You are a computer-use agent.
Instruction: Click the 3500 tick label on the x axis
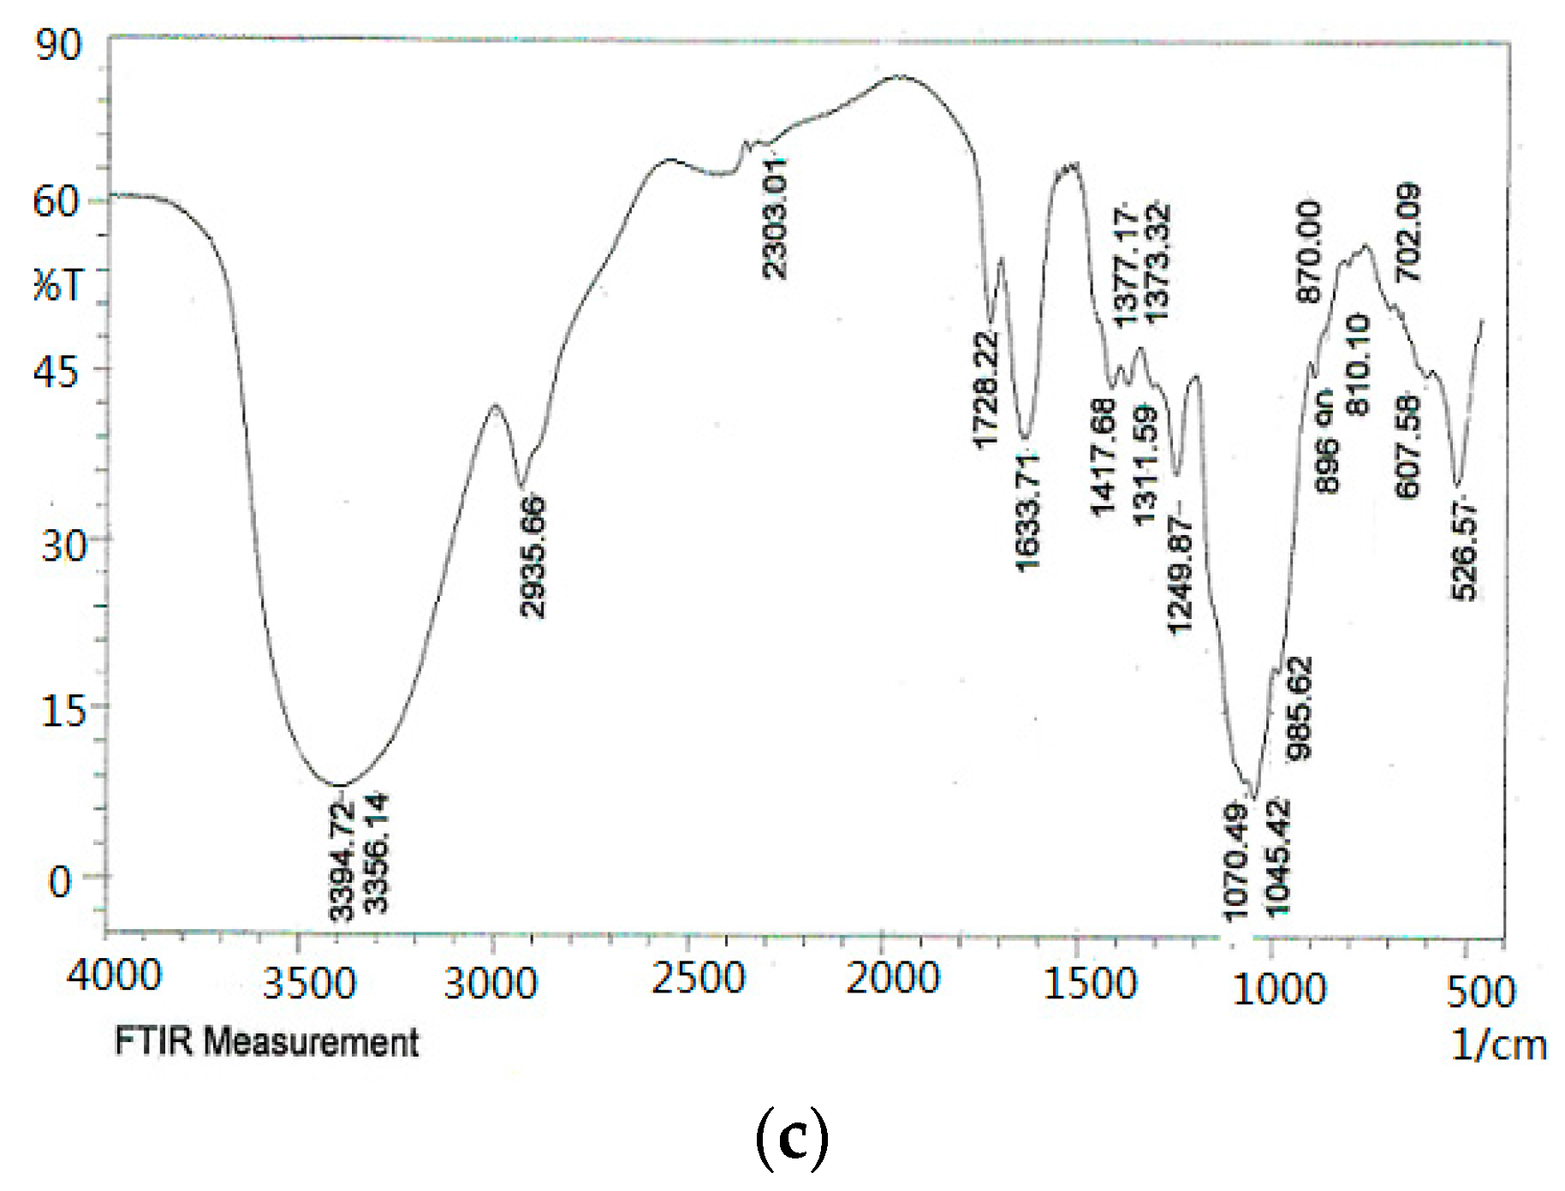308,982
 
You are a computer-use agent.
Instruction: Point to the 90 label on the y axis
58,45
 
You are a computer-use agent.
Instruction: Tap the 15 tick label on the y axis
63,710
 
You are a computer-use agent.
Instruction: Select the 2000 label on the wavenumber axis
892,978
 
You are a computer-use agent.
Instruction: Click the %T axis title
58,284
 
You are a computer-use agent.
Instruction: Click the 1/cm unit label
1498,1045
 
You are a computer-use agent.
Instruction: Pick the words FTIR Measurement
266,1042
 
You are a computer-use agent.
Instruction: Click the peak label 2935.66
533,557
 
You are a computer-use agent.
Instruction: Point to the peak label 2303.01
775,218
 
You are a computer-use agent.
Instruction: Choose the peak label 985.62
1300,708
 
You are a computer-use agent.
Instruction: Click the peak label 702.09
1408,232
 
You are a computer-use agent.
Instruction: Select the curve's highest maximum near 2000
899,75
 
